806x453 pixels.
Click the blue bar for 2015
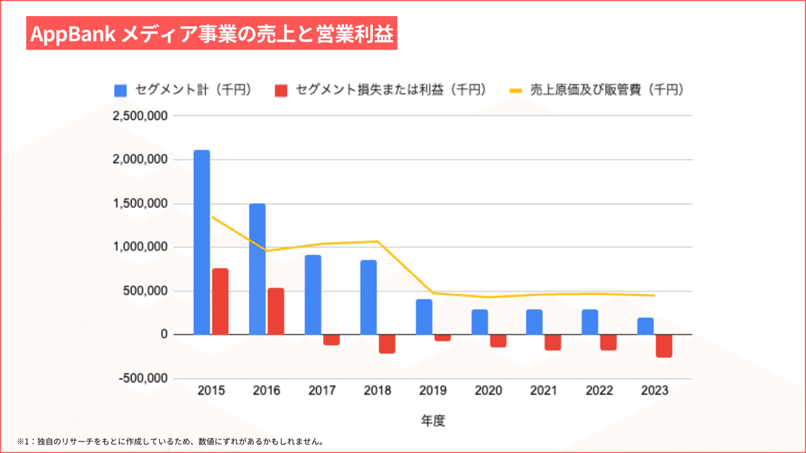point(201,242)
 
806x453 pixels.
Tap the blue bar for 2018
point(368,297)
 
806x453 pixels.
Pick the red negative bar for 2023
point(664,346)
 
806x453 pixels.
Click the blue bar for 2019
point(424,317)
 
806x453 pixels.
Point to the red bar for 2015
point(220,301)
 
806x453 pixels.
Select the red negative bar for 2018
point(387,344)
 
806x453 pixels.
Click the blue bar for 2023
point(645,326)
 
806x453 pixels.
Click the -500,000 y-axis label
point(143,379)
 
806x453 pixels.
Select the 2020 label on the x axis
point(488,391)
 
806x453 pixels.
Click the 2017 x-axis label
point(322,391)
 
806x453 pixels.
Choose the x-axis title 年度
point(433,421)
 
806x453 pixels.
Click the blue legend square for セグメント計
point(121,90)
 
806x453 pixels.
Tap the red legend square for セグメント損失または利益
point(281,90)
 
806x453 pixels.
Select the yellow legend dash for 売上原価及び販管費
point(516,90)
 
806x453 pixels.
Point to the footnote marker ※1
point(24,442)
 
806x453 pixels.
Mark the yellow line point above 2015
point(211,217)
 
